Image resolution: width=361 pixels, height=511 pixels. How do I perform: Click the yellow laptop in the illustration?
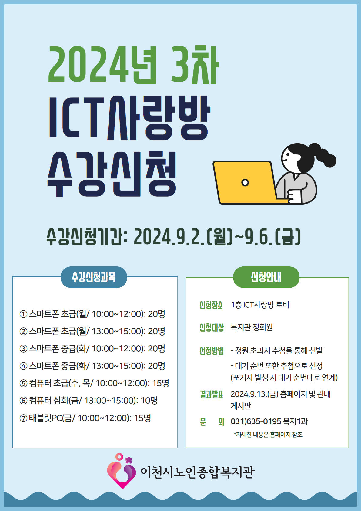pyautogui.click(x=246, y=182)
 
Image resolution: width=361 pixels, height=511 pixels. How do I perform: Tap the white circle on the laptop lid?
pyautogui.click(x=245, y=182)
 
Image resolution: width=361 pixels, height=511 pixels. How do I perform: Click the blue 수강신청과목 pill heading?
pyautogui.click(x=94, y=277)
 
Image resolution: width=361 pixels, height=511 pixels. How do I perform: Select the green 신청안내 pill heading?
pyautogui.click(x=266, y=277)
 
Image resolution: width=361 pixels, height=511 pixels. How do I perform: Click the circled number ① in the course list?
pyautogui.click(x=23, y=314)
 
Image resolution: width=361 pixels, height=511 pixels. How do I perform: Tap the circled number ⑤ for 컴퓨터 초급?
pyautogui.click(x=23, y=384)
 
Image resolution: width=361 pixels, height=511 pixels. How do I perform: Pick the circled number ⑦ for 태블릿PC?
pyautogui.click(x=23, y=418)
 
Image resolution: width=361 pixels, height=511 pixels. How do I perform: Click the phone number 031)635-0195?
pyautogui.click(x=256, y=421)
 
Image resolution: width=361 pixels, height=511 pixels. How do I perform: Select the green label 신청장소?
pyautogui.click(x=211, y=305)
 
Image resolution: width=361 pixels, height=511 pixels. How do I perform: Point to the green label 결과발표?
pyautogui.click(x=211, y=394)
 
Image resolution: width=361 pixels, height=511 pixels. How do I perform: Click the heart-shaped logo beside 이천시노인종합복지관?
pyautogui.click(x=122, y=471)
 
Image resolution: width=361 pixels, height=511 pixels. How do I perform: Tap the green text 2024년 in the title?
pyautogui.click(x=102, y=64)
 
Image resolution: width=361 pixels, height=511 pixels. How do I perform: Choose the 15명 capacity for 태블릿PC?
pyautogui.click(x=142, y=418)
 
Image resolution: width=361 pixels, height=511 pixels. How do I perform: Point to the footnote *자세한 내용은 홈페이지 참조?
pyautogui.click(x=268, y=435)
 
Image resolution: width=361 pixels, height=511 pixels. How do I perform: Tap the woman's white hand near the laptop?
pyautogui.click(x=294, y=196)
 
